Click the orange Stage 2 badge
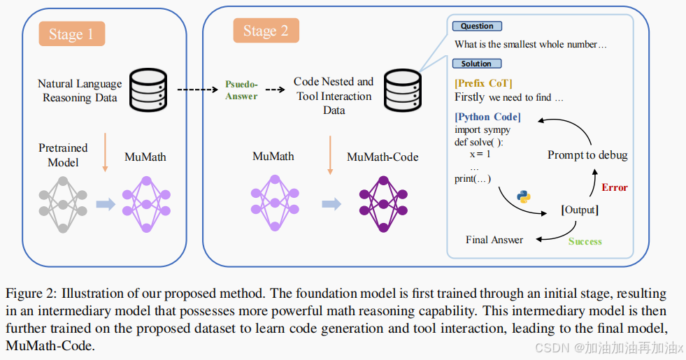265,31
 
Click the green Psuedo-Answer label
241,90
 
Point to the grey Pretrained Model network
64,204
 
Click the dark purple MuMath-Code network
383,203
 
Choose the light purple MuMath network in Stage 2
276,203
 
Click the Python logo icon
524,196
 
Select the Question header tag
477,27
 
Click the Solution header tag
476,64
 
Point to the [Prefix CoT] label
483,84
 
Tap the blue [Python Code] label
487,117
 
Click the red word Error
615,187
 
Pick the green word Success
585,241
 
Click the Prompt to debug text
587,154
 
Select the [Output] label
580,210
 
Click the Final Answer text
494,240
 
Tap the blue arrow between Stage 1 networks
105,204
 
